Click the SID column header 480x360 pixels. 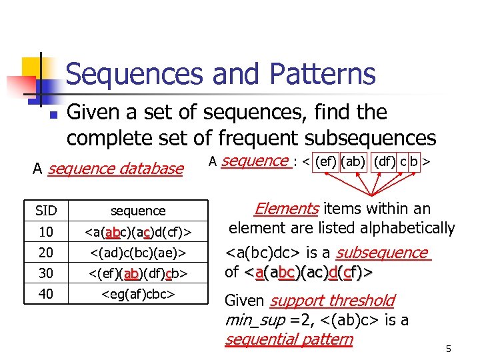coord(46,211)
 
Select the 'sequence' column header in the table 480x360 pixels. coord(138,211)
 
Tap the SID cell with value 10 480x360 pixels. coord(46,231)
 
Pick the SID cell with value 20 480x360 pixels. coord(46,253)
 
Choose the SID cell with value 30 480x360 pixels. coord(46,273)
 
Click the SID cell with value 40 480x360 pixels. coord(46,293)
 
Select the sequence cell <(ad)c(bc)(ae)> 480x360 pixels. coord(138,253)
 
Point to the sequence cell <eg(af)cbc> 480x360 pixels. coord(138,293)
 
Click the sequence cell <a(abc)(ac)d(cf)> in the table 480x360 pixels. coord(138,231)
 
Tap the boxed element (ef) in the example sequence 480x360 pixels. coord(325,161)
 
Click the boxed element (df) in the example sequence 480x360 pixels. coord(384,161)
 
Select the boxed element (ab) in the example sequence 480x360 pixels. coord(353,161)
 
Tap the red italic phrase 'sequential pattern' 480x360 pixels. coord(289,339)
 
